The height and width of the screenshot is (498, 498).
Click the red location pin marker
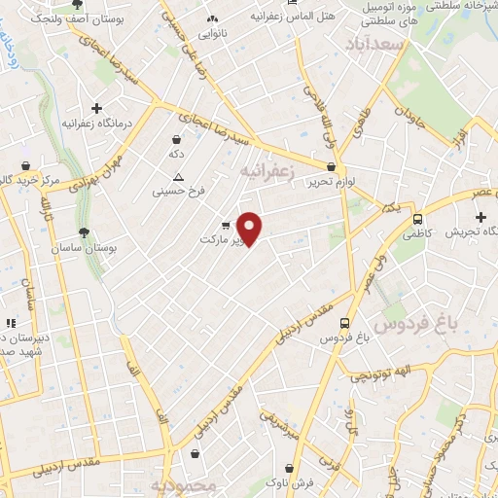[x=250, y=229]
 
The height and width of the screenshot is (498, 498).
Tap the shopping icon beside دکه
[x=176, y=139]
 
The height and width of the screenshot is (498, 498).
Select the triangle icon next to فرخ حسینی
[x=177, y=177]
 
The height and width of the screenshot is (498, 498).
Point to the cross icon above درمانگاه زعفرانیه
[x=95, y=108]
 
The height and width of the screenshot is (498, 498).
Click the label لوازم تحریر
[x=308, y=182]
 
